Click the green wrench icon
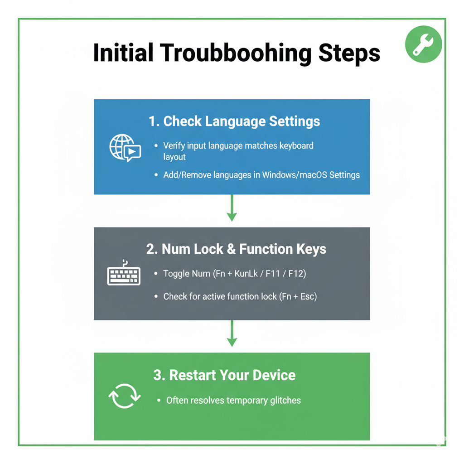pos(424,44)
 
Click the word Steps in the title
pos(349,53)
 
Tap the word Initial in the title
pos(123,53)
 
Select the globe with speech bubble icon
pos(125,148)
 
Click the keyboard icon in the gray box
pos(124,273)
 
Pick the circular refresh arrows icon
pos(125,396)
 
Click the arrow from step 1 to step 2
pos(232,208)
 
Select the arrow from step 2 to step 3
pos(232,333)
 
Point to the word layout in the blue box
pos(174,157)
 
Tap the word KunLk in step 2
pos(246,273)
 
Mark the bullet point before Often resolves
pos(159,401)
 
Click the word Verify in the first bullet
pos(174,145)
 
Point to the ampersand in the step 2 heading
pos(231,249)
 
